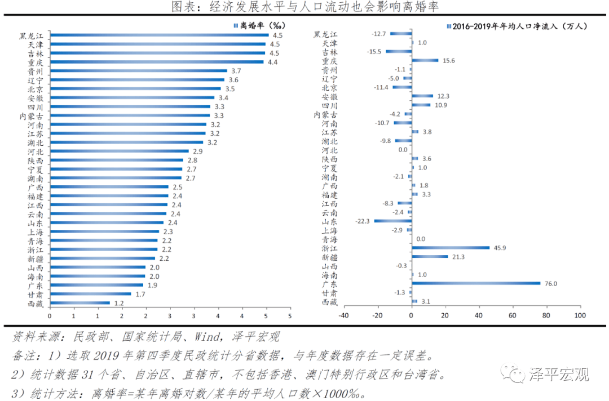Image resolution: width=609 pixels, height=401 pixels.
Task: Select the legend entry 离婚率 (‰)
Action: [260, 25]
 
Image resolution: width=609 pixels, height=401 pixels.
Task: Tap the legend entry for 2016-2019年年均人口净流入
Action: [519, 26]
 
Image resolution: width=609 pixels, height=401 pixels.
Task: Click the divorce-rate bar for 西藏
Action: [80, 302]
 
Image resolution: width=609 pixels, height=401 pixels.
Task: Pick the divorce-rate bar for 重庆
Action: [156, 62]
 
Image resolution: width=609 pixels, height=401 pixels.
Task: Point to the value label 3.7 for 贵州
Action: [236, 71]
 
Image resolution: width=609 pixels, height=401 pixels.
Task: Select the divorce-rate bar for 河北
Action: [119, 151]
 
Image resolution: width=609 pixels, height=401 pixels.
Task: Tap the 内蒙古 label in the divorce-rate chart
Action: [30, 116]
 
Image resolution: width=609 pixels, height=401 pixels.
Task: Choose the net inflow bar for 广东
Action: [476, 283]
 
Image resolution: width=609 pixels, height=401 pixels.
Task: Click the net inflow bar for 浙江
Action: [451, 248]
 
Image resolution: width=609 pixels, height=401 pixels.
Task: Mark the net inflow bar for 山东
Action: [392, 221]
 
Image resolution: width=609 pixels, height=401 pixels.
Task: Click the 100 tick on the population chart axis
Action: [579, 315]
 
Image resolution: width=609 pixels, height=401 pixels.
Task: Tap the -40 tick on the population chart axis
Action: [343, 315]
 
